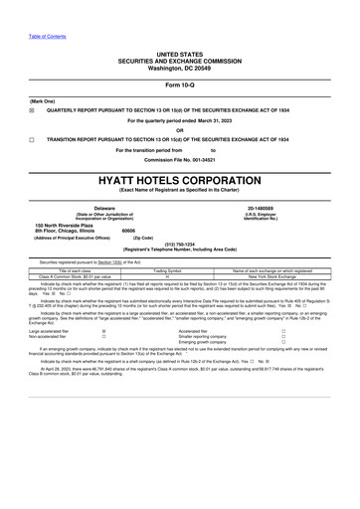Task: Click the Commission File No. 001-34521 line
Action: (179, 159)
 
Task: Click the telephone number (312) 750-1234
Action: (179, 243)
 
